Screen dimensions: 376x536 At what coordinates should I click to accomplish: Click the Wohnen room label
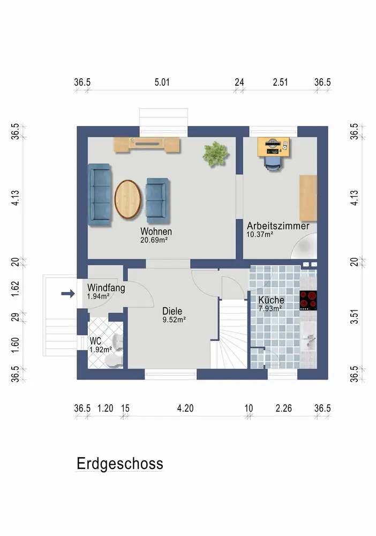(x=156, y=232)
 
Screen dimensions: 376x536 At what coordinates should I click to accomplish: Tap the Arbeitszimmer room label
(x=278, y=226)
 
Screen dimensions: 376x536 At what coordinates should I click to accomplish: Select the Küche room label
(x=271, y=300)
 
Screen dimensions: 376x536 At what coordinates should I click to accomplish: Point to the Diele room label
(x=172, y=311)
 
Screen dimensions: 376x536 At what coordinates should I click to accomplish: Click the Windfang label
(x=106, y=288)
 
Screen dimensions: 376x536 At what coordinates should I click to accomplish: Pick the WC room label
(x=95, y=341)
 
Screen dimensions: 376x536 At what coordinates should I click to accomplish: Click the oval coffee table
(x=127, y=199)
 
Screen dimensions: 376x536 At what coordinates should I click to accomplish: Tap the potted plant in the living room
(x=215, y=154)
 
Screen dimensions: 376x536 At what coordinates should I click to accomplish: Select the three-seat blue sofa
(x=100, y=195)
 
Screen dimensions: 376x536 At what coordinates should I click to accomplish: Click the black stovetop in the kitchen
(x=308, y=301)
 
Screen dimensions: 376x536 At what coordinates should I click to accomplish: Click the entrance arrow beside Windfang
(x=68, y=293)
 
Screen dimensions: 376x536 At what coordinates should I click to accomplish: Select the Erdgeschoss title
(x=120, y=464)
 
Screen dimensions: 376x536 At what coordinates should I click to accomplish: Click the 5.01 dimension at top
(x=162, y=83)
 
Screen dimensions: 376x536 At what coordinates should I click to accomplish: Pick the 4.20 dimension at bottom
(x=185, y=408)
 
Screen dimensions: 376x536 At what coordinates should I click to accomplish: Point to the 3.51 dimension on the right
(x=355, y=317)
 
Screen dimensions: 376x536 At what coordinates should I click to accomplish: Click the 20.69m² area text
(x=154, y=240)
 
